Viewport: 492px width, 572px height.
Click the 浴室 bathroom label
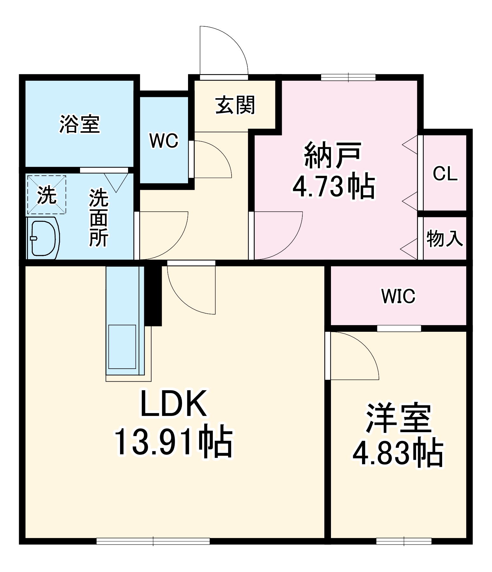pyautogui.click(x=80, y=124)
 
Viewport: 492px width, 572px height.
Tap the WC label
pyautogui.click(x=164, y=140)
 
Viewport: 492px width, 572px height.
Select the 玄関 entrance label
pyautogui.click(x=235, y=105)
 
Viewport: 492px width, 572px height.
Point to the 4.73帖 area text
pyautogui.click(x=334, y=187)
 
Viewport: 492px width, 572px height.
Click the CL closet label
pyautogui.click(x=445, y=174)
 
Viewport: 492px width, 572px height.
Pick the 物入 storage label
pyautogui.click(x=445, y=238)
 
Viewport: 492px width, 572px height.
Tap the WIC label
pyautogui.click(x=398, y=296)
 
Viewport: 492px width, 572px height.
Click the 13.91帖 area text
pyautogui.click(x=173, y=442)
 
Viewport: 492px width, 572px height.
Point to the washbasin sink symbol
pyautogui.click(x=43, y=238)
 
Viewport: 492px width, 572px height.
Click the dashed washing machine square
pyautogui.click(x=47, y=194)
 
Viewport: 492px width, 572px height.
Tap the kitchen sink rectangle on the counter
pyautogui.click(x=122, y=347)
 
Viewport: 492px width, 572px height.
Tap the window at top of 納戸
pyautogui.click(x=348, y=77)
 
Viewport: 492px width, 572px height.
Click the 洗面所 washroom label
pyautogui.click(x=98, y=218)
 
